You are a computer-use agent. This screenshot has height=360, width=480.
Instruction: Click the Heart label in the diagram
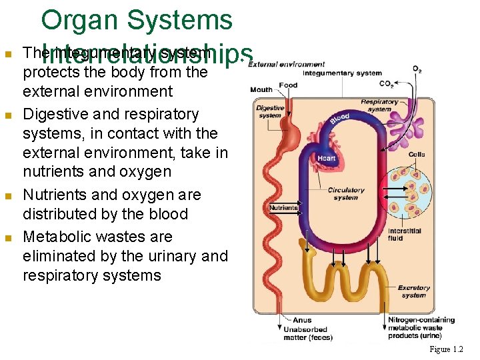326,157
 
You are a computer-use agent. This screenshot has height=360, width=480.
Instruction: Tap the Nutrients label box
283,208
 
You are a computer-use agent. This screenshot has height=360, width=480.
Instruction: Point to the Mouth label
261,89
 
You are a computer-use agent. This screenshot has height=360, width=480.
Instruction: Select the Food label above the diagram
288,85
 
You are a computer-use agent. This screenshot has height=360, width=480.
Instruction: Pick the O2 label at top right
417,69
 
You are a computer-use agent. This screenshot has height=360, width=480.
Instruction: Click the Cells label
417,155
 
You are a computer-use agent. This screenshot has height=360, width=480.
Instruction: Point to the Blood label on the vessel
339,118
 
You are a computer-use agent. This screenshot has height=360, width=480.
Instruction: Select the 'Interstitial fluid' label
404,235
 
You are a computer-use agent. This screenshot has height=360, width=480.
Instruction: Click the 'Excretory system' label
413,291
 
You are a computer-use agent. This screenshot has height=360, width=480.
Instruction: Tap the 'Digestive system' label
269,111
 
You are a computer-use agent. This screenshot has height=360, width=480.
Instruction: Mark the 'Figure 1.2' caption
446,349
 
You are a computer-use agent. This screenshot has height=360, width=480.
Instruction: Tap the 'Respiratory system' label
379,105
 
